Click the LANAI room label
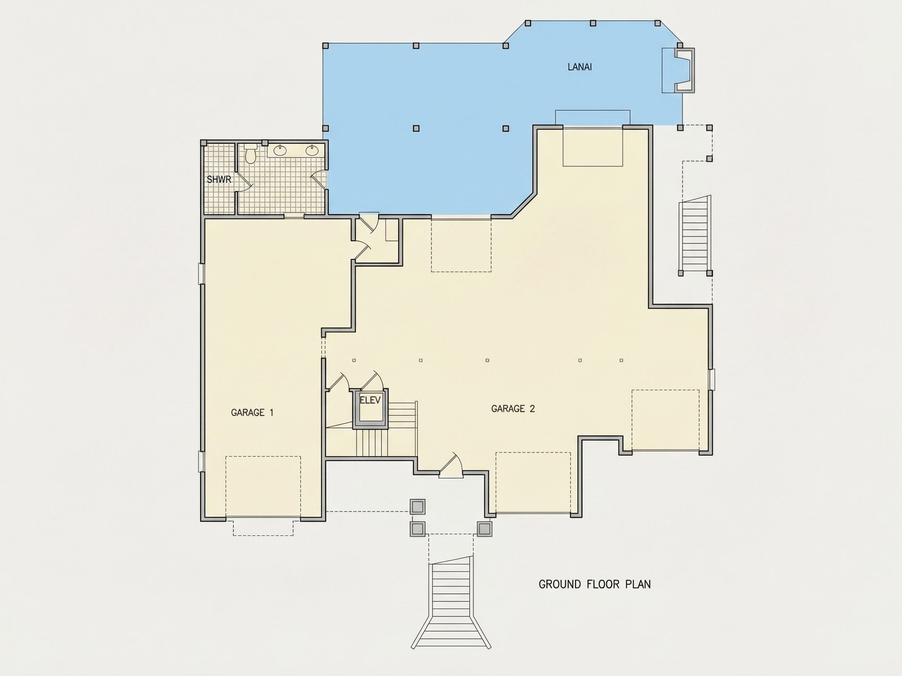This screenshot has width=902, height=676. pos(579,67)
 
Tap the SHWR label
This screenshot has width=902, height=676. pos(219,179)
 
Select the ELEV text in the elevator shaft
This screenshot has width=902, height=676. pos(370,400)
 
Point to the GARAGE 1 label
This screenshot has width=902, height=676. pos(252,413)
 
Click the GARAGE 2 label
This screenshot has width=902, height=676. pos(512,409)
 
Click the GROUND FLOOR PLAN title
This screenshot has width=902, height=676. pos(595,584)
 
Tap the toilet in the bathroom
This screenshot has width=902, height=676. pos(250,155)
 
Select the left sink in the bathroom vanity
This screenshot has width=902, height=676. pos(280,151)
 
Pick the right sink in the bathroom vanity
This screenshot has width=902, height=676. pos(312,151)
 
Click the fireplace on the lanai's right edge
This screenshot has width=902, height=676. pos(684,70)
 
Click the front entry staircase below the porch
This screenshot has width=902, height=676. pos(451,601)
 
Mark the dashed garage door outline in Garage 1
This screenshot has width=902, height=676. pos(263,487)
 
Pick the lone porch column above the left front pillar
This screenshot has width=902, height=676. pos(418,507)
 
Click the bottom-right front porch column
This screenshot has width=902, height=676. pos(484,529)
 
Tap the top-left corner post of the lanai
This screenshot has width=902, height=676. pos(325,46)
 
